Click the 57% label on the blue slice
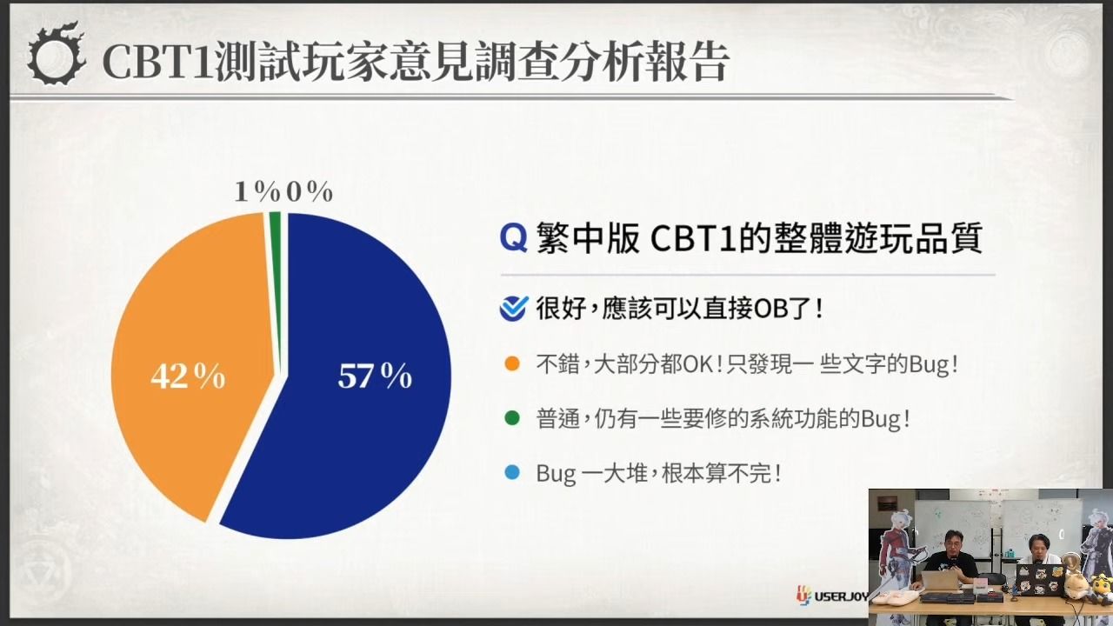tap(375, 376)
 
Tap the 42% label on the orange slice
tap(188, 376)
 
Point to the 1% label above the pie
tap(257, 191)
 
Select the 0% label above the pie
tap(309, 191)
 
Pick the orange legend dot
tap(512, 363)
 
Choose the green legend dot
tap(512, 418)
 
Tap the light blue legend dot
tap(512, 472)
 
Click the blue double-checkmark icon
tap(514, 309)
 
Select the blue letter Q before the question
tap(513, 238)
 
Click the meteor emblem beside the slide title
tap(57, 54)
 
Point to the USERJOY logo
tap(832, 596)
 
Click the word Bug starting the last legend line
tap(556, 474)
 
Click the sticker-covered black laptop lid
tap(1039, 580)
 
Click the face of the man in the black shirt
tap(951, 543)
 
